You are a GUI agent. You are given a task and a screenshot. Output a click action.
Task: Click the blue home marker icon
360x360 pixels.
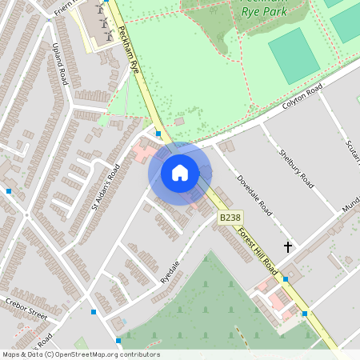pos(180,173)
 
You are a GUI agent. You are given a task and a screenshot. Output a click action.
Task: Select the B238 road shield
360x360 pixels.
pos(230,217)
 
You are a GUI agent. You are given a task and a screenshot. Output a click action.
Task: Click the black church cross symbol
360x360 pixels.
pos(288,248)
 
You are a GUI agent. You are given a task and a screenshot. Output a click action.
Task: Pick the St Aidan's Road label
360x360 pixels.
pos(106,186)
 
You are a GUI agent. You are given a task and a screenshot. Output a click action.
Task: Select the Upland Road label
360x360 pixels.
pos(59,65)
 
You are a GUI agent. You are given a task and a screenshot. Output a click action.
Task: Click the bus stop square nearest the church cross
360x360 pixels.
pos(286,279)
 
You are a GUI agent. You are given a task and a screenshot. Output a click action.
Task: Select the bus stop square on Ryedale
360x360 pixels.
pos(94,312)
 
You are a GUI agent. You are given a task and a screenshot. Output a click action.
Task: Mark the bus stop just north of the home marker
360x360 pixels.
pos(158,134)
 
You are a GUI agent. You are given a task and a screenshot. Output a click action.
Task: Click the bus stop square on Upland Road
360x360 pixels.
pos(8,191)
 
